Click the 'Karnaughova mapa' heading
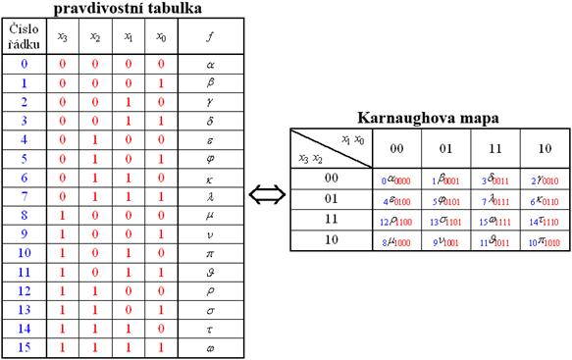(x=429, y=118)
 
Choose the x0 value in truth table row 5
(x=161, y=158)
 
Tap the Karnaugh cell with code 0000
(x=396, y=180)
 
